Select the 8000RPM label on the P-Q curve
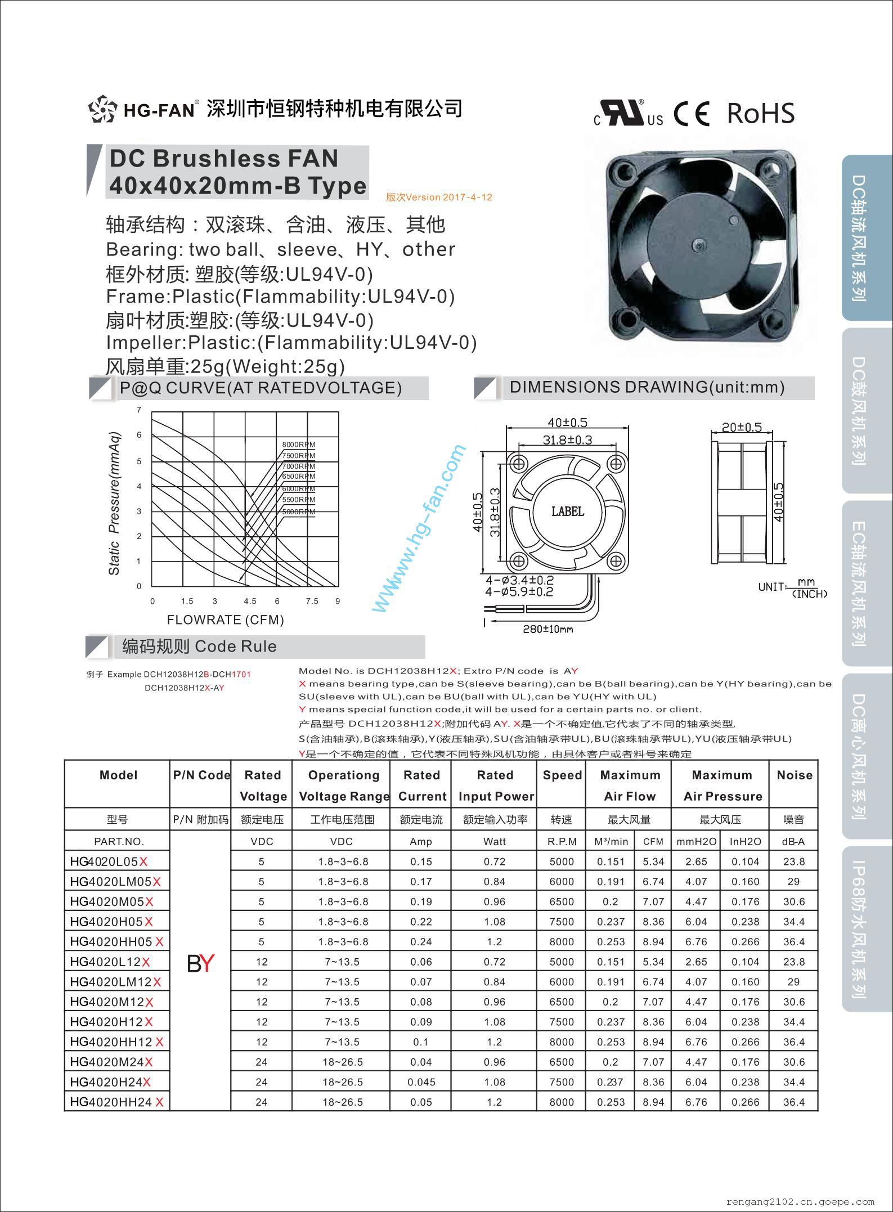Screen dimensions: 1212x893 click(x=298, y=445)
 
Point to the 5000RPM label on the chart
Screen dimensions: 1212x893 click(x=298, y=511)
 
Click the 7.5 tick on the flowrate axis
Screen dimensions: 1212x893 click(x=312, y=601)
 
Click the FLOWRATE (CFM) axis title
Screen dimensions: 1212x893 click(x=225, y=620)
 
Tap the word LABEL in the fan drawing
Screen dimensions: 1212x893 click(x=567, y=511)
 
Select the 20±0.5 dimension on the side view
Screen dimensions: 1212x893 click(x=742, y=427)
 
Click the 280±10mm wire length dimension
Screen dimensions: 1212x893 click(x=548, y=629)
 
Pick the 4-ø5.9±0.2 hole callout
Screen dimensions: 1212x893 click(x=519, y=591)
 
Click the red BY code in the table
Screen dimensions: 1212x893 click(x=200, y=963)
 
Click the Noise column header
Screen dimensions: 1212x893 click(x=794, y=775)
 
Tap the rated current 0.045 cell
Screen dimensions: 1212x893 click(x=421, y=1082)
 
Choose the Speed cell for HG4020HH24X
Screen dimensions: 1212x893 click(x=562, y=1102)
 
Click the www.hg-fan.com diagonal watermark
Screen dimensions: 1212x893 click(x=419, y=529)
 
